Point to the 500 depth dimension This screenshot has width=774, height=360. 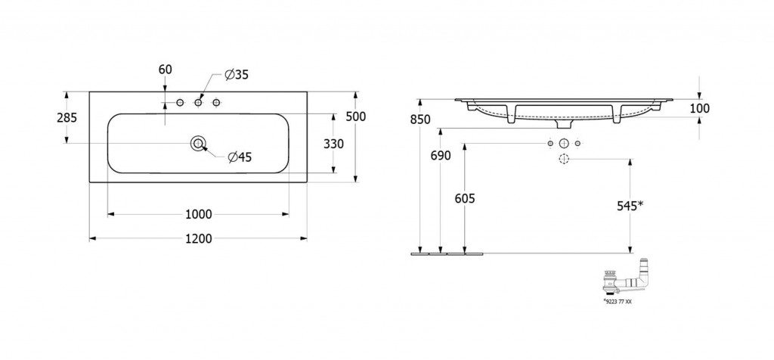[355, 116]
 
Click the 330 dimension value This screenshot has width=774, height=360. [334, 144]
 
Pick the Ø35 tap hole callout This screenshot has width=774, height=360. [237, 74]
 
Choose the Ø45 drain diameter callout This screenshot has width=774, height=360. [239, 157]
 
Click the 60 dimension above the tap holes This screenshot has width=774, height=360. [166, 70]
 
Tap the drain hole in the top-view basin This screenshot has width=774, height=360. [199, 143]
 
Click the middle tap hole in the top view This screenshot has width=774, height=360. [199, 102]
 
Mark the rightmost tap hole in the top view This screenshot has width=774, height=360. [216, 102]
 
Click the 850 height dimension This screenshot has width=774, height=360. [420, 119]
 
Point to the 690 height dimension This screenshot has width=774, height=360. [440, 156]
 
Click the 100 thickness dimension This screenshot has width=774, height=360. [700, 108]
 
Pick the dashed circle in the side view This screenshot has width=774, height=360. [563, 159]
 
